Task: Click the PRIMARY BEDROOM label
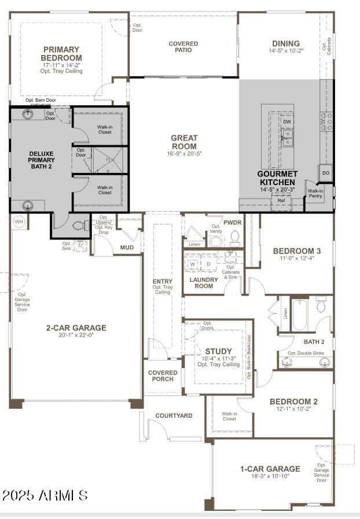[61, 54]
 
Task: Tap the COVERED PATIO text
[183, 47]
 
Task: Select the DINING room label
[286, 43]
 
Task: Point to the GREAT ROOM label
[184, 142]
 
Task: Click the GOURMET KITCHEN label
[278, 178]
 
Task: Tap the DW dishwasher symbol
[287, 122]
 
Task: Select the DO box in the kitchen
[326, 173]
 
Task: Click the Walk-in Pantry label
[315, 194]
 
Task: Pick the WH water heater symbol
[19, 222]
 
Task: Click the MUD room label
[127, 248]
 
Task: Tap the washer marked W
[193, 264]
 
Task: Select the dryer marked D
[208, 264]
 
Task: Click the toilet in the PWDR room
[235, 237]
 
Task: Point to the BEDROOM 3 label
[296, 251]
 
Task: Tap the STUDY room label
[218, 351]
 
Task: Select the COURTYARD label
[174, 415]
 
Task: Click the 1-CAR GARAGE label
[270, 469]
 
